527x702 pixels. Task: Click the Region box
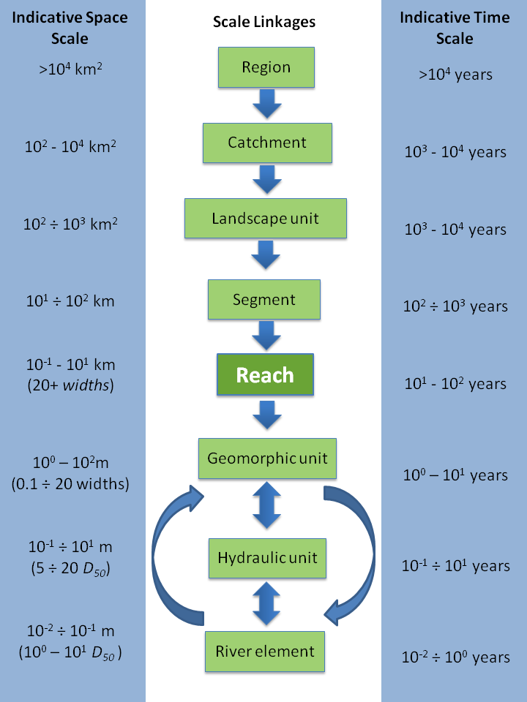[x=266, y=67]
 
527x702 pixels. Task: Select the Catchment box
[x=266, y=143]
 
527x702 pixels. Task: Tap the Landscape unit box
[x=265, y=218]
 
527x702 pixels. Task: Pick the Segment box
[x=264, y=299]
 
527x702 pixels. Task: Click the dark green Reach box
[x=264, y=375]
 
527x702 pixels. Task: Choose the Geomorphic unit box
[x=267, y=459]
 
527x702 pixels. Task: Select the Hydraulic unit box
[x=267, y=558]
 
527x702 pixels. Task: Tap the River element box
[x=265, y=651]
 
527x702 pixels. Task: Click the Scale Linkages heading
[x=264, y=22]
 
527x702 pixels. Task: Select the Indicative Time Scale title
[x=455, y=27]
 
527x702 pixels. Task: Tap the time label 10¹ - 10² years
[x=455, y=384]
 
